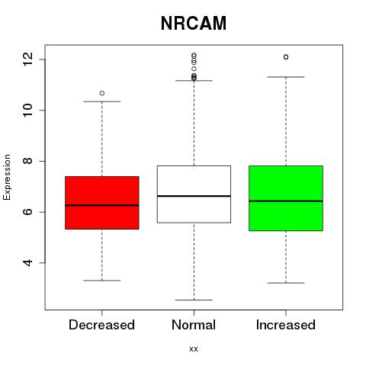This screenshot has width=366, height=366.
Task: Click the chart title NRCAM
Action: pos(194,23)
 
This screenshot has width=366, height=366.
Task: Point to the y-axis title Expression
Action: pos(7,177)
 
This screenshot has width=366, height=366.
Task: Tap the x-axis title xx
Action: pos(194,349)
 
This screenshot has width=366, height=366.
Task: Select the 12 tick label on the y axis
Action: pos(28,59)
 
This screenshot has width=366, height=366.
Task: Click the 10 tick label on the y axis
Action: pos(28,110)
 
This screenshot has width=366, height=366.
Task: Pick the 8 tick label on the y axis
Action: pos(28,161)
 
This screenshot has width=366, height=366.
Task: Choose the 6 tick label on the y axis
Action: pos(28,212)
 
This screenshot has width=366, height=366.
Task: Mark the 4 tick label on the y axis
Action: pos(28,262)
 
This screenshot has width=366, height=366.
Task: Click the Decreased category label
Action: pos(101,325)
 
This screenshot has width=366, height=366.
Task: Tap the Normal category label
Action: pos(194,325)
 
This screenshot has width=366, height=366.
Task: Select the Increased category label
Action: pos(286,325)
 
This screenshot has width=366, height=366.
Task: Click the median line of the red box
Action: pos(102,205)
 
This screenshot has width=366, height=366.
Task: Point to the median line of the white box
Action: pos(194,196)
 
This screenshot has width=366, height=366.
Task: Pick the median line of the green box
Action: pos(286,201)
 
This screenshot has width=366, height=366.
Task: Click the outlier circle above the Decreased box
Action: pos(102,93)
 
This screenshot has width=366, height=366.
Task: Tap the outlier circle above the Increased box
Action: pos(286,57)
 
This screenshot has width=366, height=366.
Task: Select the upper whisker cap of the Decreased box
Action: pos(102,101)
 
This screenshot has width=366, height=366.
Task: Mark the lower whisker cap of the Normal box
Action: pos(194,300)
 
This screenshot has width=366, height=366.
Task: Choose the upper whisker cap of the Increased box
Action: pos(286,77)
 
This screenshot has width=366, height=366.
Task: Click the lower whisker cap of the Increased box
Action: pos(286,283)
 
